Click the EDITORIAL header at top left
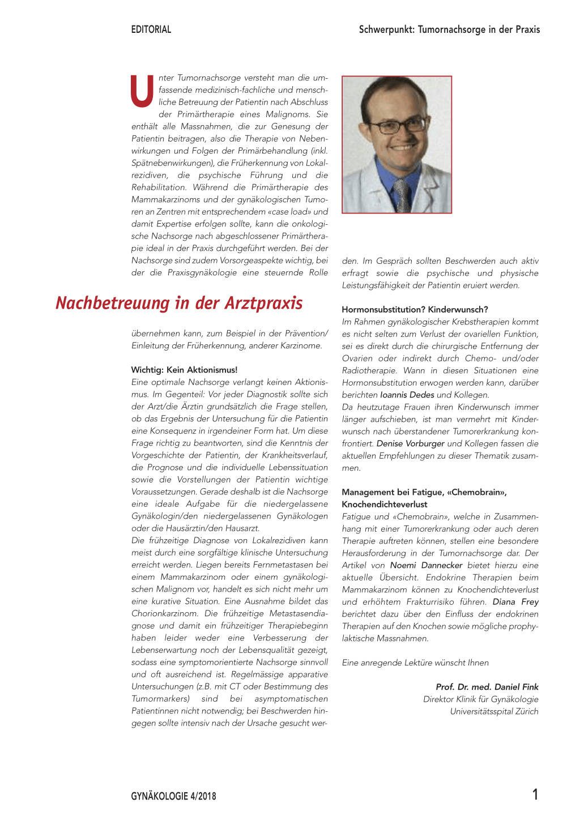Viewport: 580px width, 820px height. pos(151,29)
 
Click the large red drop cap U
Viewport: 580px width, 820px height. pos(142,92)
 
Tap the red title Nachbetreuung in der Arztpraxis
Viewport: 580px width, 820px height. pos(179,303)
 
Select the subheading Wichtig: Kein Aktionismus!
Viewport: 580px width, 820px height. pos(184,370)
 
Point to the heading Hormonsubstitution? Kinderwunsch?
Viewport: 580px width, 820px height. pos(415,309)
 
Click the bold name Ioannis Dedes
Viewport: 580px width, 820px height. pos(407,395)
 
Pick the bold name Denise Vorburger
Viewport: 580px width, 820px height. pos(410,443)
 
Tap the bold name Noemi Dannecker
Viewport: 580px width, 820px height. pos(426,565)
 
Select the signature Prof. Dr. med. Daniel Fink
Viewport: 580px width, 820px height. pos(487,687)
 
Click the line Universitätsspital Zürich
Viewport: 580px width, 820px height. pos(494,711)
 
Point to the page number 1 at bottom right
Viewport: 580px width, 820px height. pos(535,795)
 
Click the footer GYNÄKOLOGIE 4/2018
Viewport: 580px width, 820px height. pos(173,796)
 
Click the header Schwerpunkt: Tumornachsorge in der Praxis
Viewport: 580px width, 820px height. pos(449,29)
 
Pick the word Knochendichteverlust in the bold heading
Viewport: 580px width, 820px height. pos(384,504)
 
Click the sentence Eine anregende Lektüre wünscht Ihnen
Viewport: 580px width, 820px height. pos(415,663)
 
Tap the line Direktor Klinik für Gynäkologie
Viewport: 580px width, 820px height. pos(480,699)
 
